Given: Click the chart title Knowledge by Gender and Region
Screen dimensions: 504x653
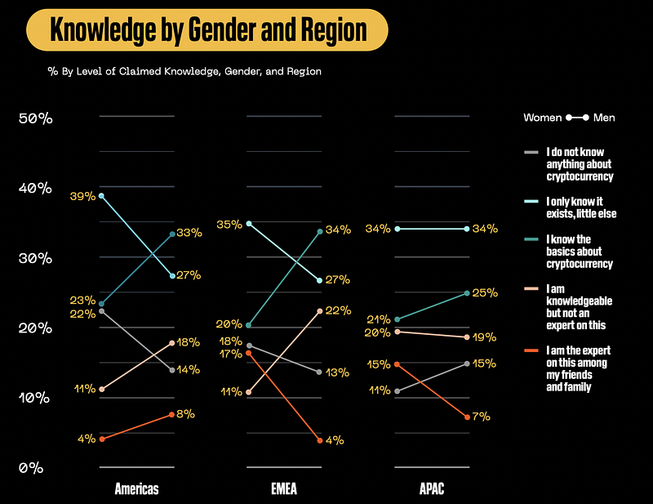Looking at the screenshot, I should point(207,29).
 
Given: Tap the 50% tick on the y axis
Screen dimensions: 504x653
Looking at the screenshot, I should point(35,118).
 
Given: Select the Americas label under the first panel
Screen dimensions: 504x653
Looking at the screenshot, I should point(136,490).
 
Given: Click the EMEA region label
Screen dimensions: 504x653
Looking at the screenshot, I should point(284,490).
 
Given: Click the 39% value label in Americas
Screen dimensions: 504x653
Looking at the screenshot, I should point(84,196).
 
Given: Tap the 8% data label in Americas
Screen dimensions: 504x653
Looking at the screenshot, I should point(185,414).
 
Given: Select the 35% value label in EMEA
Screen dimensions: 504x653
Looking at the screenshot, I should point(230,223).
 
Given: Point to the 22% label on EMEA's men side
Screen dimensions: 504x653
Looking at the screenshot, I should point(338,310).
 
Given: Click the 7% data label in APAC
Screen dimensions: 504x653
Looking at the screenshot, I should point(481,417).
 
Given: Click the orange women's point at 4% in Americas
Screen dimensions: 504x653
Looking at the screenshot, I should point(101,439).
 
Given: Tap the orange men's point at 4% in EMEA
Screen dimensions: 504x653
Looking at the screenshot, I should point(319,441).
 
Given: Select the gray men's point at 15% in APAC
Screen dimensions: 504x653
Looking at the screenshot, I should point(467,364).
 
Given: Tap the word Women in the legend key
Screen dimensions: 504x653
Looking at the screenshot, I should point(543,118).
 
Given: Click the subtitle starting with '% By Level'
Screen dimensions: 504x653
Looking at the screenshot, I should point(184,71).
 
